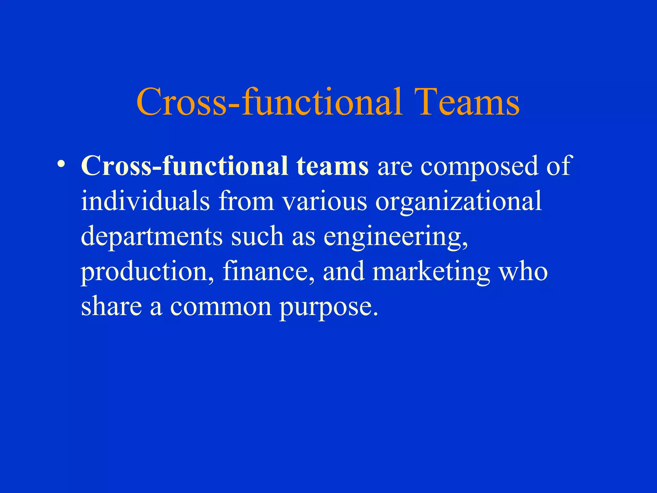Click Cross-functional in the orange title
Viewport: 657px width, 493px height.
click(x=269, y=102)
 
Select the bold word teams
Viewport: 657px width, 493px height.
click(x=332, y=166)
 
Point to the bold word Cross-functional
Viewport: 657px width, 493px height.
click(x=184, y=166)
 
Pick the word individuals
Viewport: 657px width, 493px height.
click(x=145, y=201)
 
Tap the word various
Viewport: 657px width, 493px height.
click(x=325, y=201)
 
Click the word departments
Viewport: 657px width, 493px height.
click(x=151, y=237)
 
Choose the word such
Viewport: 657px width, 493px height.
click(x=257, y=236)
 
